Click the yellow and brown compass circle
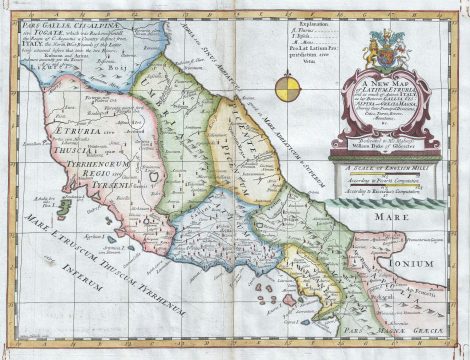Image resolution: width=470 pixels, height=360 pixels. [283, 87]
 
